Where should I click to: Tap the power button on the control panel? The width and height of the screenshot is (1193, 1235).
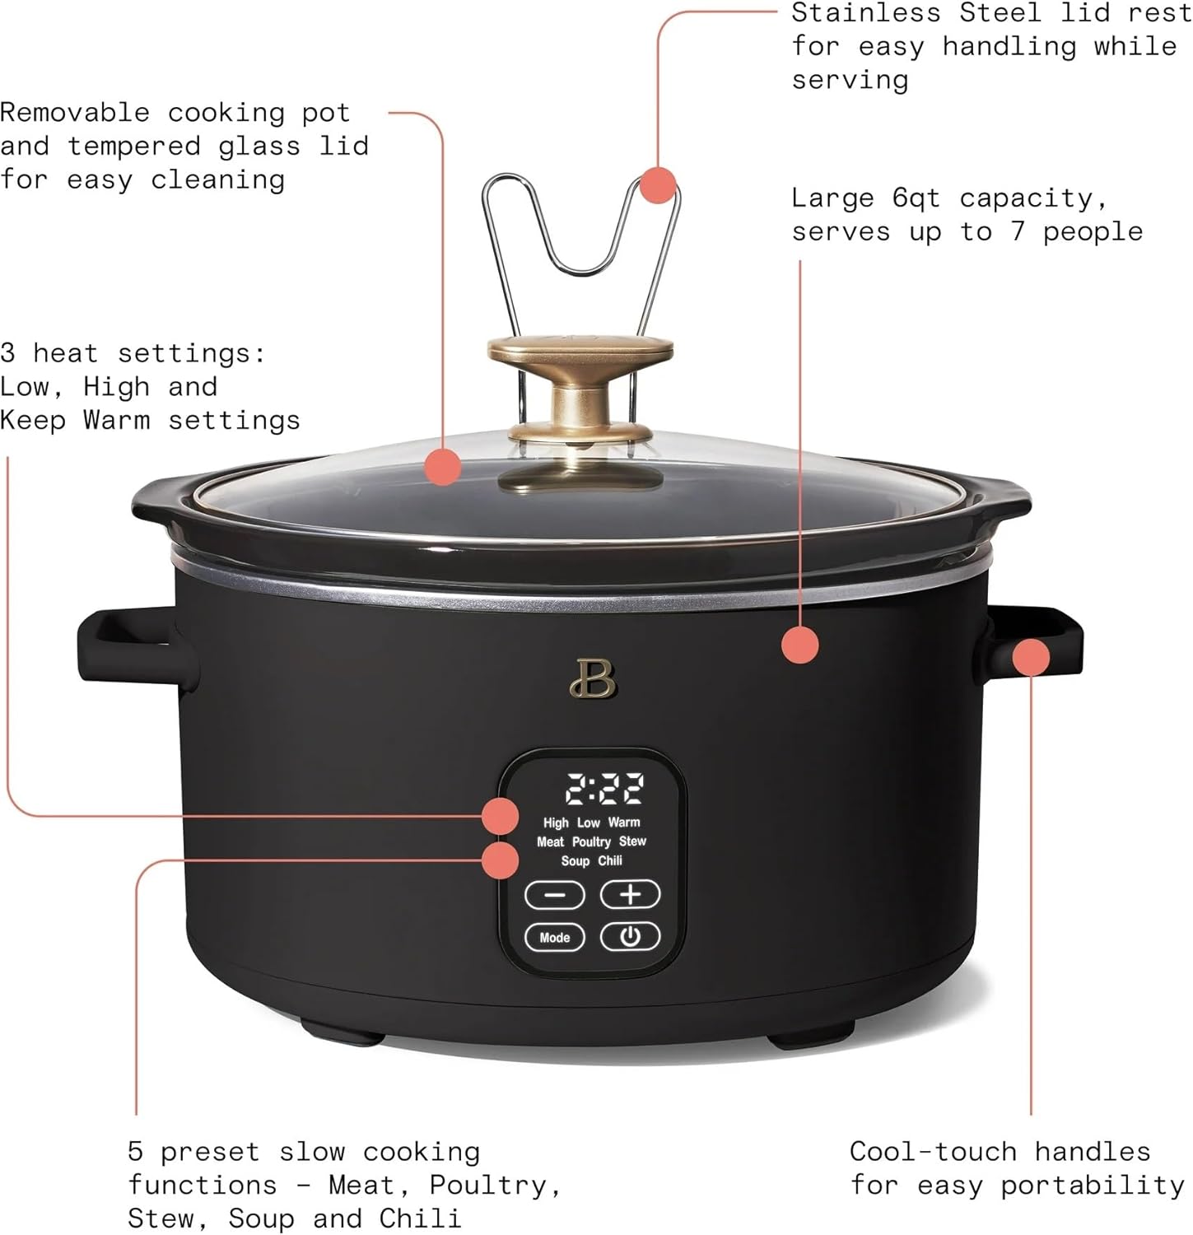tap(630, 936)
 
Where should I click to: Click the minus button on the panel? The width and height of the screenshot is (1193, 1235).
tap(555, 895)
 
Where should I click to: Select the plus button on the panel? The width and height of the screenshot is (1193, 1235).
tap(630, 894)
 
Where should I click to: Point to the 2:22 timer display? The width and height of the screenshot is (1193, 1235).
tap(604, 789)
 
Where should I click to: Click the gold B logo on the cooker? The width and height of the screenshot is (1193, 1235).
tap(592, 678)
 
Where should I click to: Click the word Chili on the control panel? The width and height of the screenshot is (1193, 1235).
tap(610, 861)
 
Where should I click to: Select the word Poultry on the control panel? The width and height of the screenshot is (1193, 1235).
tap(591, 841)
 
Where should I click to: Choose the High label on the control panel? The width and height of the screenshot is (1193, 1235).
tap(556, 823)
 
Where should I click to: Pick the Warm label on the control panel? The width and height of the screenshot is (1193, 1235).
tap(624, 822)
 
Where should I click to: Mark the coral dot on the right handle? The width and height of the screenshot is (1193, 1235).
tap(1031, 657)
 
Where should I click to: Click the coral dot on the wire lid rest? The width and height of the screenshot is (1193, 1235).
tap(658, 184)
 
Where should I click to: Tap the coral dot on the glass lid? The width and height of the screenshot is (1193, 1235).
tap(443, 468)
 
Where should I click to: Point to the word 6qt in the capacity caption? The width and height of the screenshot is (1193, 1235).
tap(916, 198)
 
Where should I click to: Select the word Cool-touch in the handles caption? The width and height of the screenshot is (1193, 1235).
tap(933, 1151)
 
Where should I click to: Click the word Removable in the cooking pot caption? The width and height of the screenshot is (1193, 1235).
tap(75, 113)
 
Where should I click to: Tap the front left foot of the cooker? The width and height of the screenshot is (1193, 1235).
tap(342, 1032)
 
